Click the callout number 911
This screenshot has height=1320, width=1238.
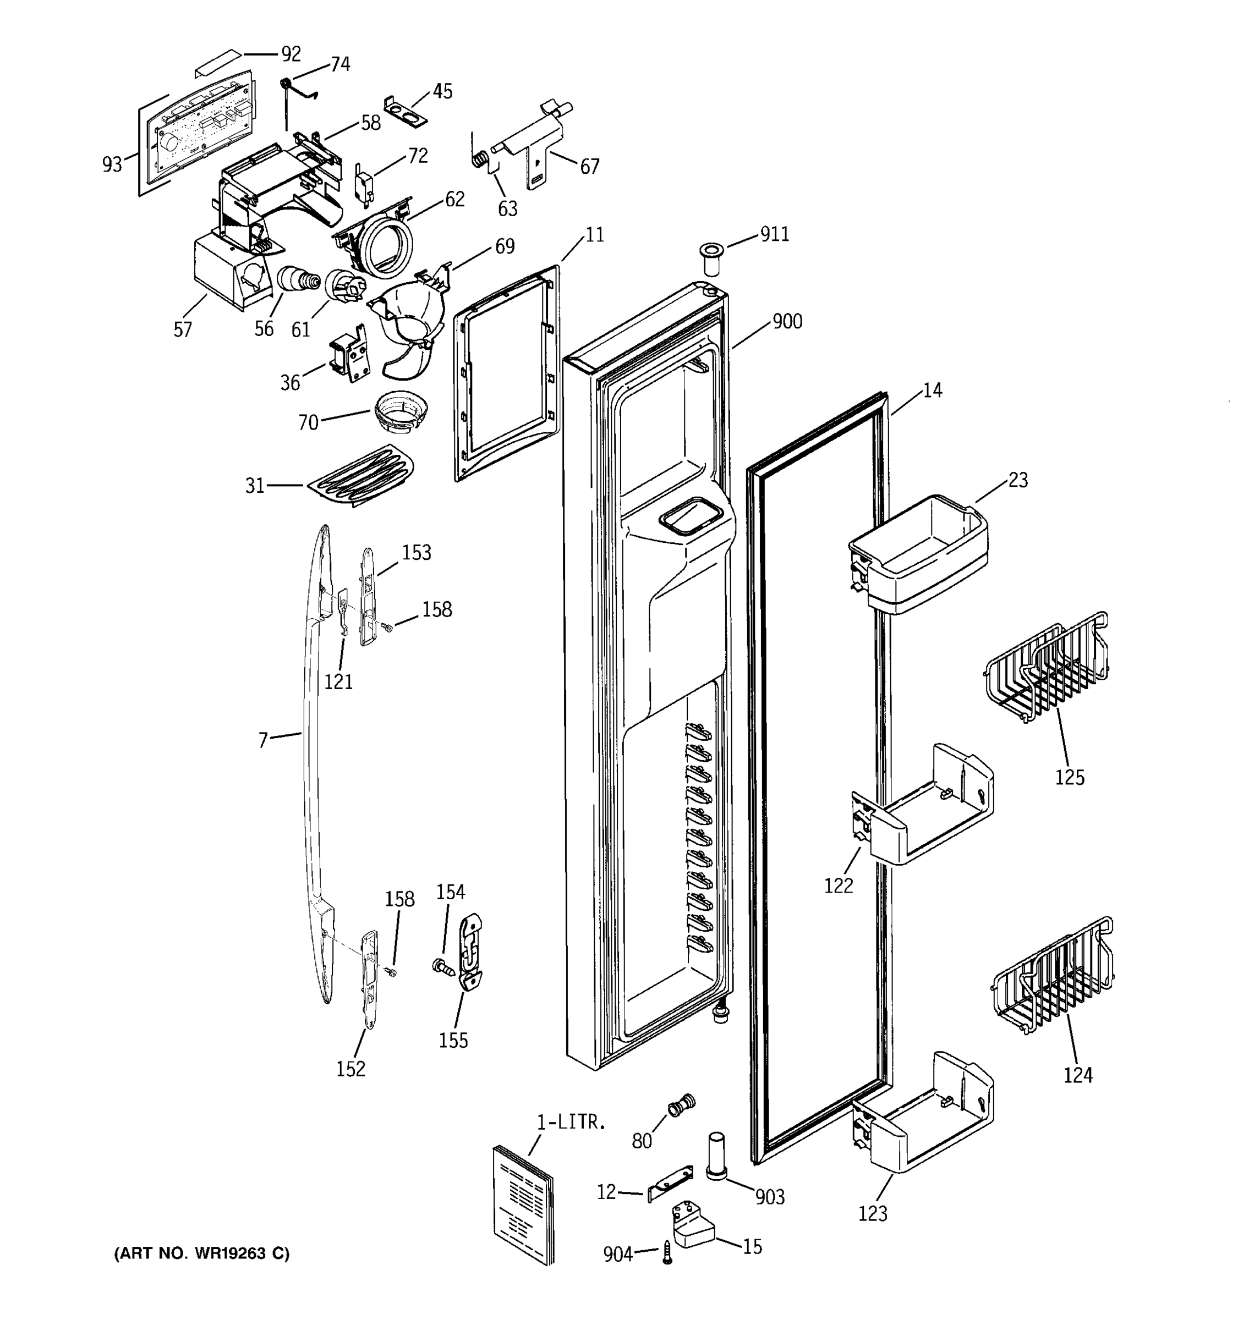(774, 234)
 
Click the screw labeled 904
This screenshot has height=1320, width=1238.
(667, 1252)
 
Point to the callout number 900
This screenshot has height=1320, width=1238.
(787, 322)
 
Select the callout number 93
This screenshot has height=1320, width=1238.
(112, 164)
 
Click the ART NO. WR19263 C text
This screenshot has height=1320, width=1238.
(202, 1254)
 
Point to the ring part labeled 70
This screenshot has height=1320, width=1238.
(399, 411)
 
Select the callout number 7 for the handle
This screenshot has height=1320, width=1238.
(263, 740)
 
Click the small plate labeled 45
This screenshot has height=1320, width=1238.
(405, 110)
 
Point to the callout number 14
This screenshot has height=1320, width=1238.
(933, 391)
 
